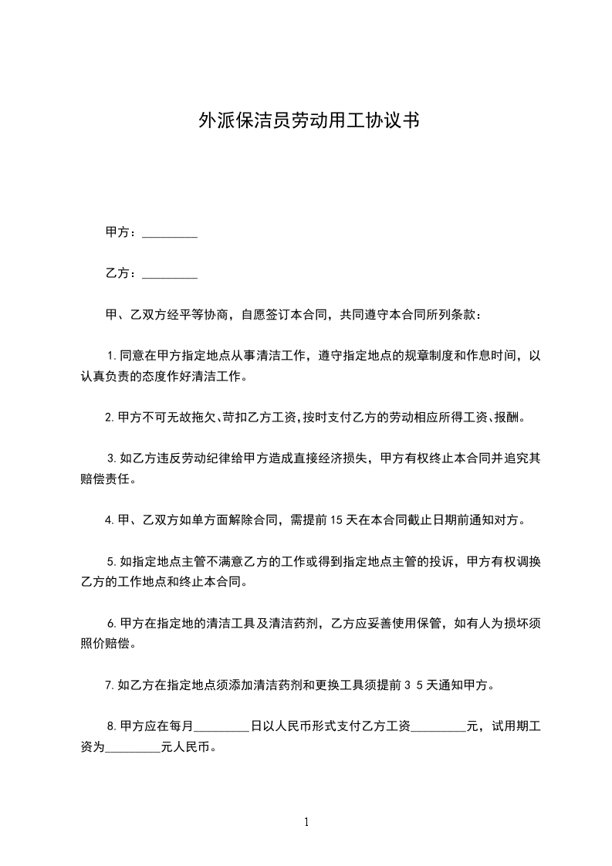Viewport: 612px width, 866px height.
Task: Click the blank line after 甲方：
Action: [170, 233]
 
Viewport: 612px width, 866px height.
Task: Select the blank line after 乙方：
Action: [170, 273]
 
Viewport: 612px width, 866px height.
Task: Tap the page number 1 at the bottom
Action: [306, 822]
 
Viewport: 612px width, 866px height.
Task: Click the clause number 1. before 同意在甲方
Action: [112, 356]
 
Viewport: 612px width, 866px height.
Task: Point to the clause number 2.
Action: [110, 418]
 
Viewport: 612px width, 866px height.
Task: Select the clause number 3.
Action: [112, 458]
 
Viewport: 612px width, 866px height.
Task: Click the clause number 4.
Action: [110, 520]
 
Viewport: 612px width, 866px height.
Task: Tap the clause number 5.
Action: [112, 561]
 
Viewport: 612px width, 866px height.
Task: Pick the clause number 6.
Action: [112, 623]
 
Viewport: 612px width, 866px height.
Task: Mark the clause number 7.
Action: [110, 685]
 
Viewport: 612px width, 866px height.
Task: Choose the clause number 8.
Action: [112, 726]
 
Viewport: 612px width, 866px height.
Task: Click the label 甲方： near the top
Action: [121, 232]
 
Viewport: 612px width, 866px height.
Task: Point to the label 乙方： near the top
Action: [121, 273]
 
